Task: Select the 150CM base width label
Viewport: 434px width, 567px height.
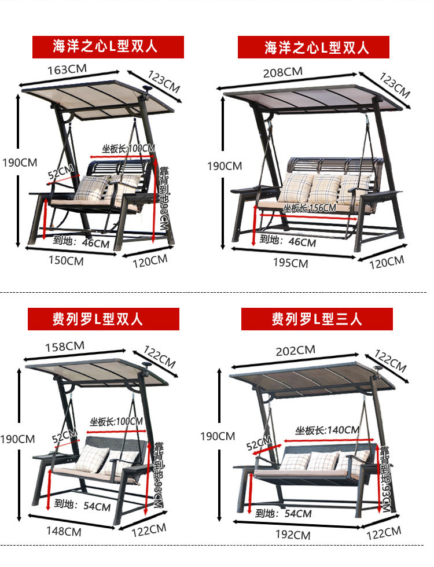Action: coord(65,262)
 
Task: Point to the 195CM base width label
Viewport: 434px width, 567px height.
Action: coord(290,263)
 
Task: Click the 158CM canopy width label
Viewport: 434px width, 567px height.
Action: coord(65,347)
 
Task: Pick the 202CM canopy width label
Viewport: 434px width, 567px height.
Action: coord(295,351)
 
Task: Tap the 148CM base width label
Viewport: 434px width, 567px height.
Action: coord(63,532)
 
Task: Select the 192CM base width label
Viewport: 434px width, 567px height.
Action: coord(293,535)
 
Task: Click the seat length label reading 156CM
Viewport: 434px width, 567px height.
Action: coord(310,208)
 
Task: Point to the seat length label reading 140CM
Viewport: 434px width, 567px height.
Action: coord(327,430)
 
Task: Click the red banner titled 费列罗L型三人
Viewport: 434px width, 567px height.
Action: coord(317,319)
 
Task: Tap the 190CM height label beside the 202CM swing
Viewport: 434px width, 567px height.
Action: coord(218,436)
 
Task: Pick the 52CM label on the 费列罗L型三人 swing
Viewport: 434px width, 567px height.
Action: coord(259,444)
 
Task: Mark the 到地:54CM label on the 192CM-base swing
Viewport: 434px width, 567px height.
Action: coord(283,514)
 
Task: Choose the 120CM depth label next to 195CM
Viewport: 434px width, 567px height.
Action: coord(387,262)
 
